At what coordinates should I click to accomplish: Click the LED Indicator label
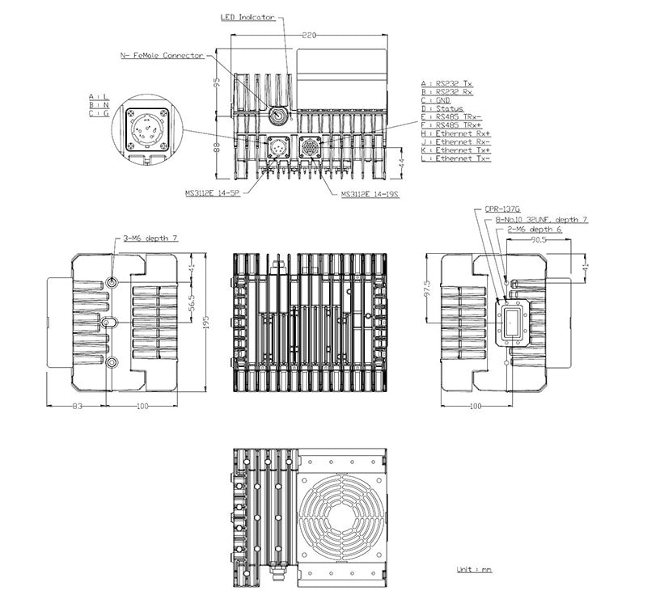[x=247, y=16]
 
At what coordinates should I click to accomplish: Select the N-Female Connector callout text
[x=162, y=56]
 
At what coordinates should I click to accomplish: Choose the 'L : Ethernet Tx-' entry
[x=454, y=158]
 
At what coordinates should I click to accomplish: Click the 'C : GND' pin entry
[x=439, y=100]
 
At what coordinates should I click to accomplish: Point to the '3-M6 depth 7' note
[x=150, y=239]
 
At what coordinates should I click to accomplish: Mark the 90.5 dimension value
[x=538, y=240]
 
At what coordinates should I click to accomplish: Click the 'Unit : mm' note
[x=474, y=570]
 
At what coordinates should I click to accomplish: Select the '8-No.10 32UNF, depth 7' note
[x=541, y=219]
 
